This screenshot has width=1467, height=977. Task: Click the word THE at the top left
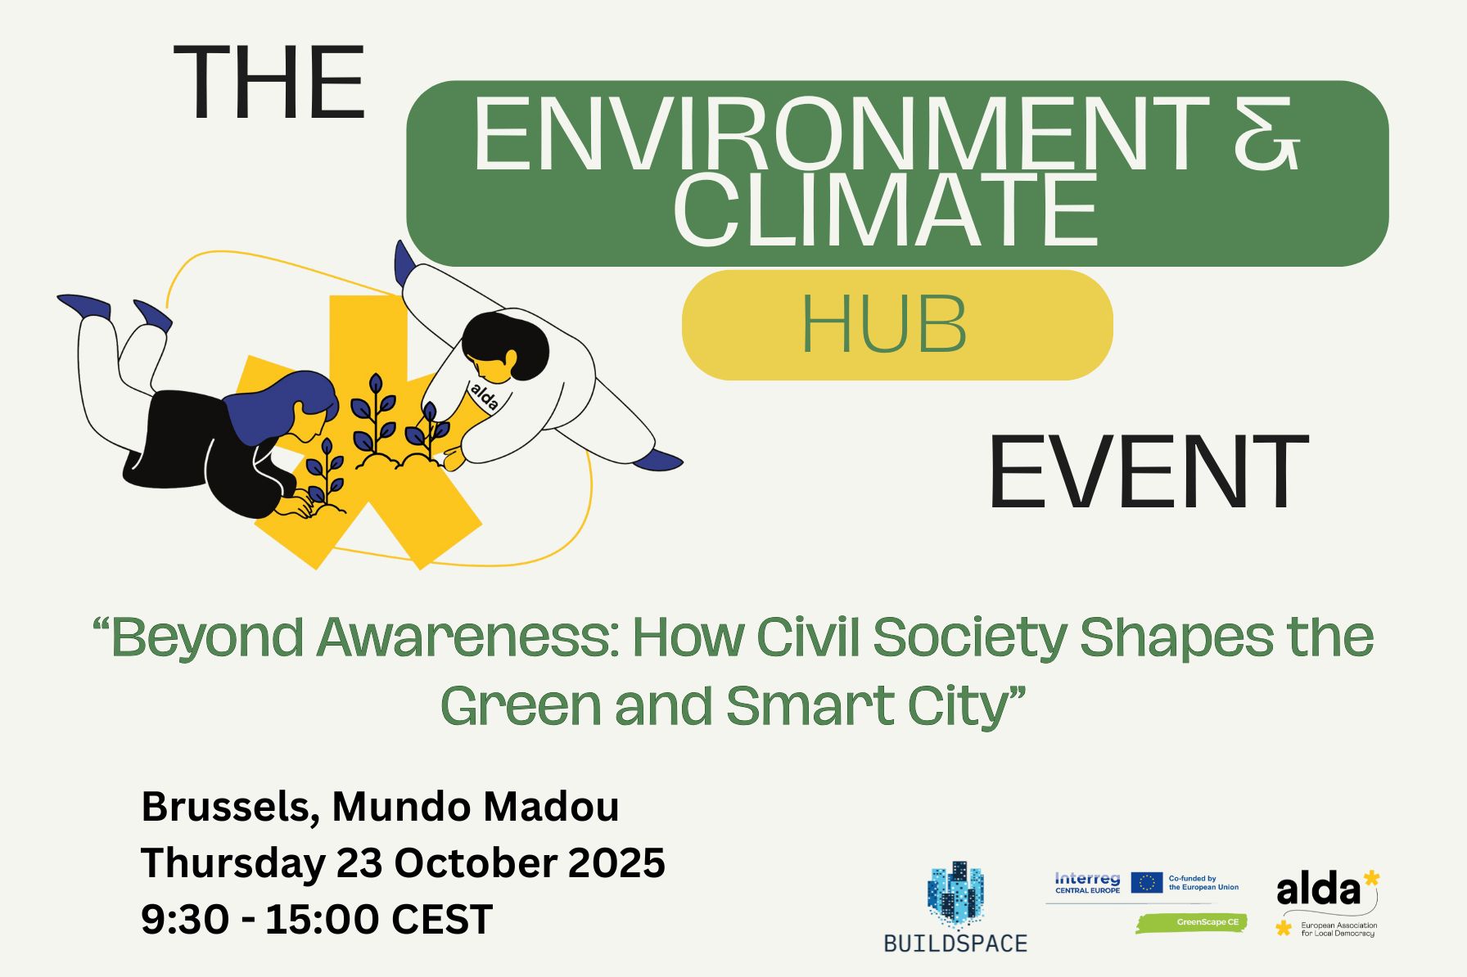269,83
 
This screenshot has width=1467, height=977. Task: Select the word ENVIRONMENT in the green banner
841,134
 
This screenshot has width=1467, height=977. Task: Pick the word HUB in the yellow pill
883,324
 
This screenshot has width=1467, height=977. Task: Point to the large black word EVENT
1148,473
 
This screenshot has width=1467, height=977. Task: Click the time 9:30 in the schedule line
184,920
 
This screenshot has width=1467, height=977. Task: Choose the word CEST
441,920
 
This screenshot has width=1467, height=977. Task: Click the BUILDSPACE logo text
955,943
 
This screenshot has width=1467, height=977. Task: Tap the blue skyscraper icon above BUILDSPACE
955,895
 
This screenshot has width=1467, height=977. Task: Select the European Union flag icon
1146,882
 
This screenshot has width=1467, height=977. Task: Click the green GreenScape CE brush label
1192,922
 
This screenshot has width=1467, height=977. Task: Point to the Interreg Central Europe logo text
1087,882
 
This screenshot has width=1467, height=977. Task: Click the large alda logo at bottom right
1317,890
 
